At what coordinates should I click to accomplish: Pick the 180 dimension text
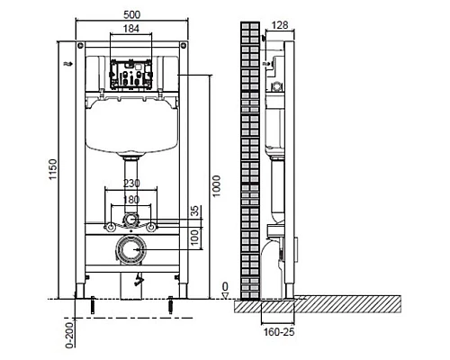pyautogui.click(x=132, y=199)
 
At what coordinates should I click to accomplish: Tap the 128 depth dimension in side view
pyautogui.click(x=280, y=26)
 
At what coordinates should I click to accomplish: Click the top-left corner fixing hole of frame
pyautogui.click(x=82, y=46)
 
